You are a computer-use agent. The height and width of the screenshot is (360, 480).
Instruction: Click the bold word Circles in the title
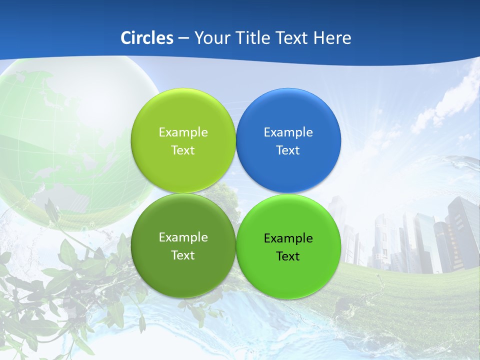coord(147,38)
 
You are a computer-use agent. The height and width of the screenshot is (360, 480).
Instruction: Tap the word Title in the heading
coord(252,38)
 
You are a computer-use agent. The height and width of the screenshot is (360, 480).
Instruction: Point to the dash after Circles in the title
coord(183,38)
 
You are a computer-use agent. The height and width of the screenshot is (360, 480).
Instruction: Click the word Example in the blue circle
coord(288,132)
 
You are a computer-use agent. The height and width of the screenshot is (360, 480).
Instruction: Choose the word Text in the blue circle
coord(288,150)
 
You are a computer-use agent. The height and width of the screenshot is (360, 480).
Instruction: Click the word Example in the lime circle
coord(183,132)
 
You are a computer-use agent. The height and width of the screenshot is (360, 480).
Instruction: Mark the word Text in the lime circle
coord(183,150)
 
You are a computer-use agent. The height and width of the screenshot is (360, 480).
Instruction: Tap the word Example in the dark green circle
coord(183,237)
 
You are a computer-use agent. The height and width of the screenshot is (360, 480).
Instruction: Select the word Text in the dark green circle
coord(183,255)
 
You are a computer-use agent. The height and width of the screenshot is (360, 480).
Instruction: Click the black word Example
coord(288,238)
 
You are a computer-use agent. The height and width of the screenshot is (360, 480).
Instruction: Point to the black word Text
coord(288,256)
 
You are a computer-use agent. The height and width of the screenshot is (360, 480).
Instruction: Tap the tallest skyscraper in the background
coord(462,230)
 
